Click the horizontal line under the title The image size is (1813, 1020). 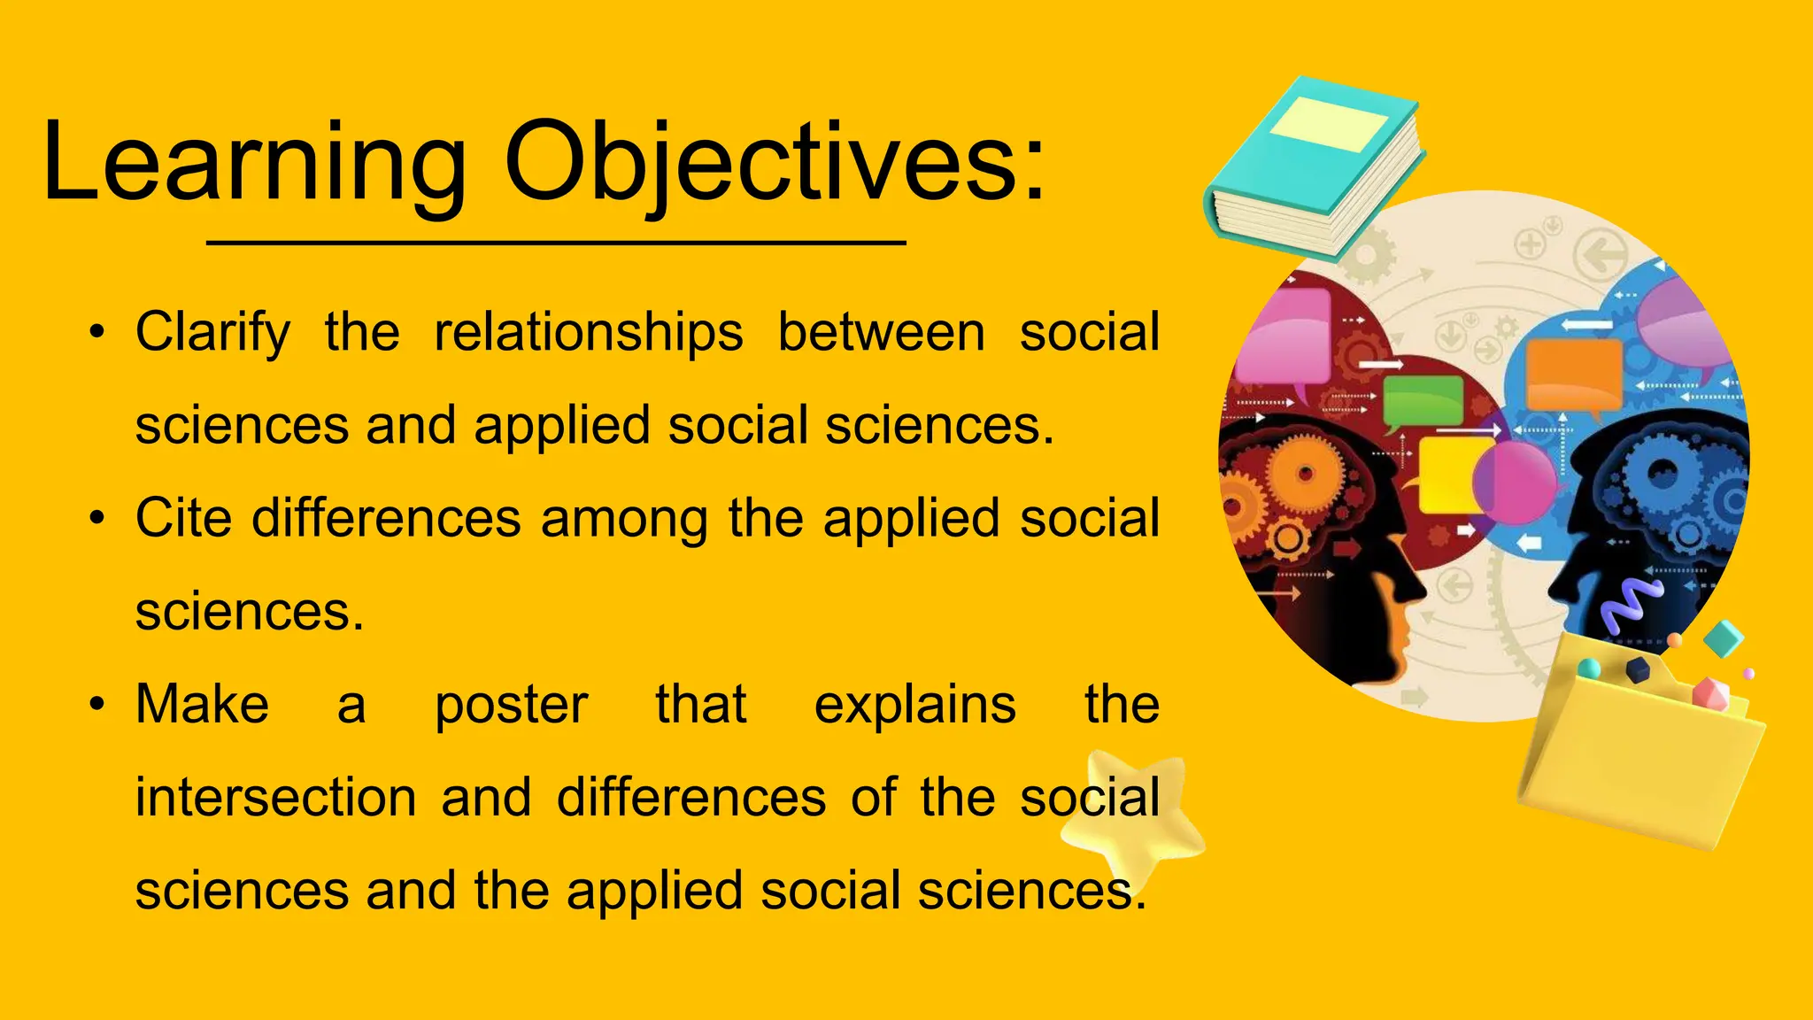[x=556, y=242]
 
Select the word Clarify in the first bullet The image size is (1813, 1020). [x=212, y=333]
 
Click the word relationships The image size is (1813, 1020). [x=589, y=333]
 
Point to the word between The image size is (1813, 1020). [x=881, y=333]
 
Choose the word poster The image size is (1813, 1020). [x=511, y=706]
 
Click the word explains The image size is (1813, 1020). [x=914, y=706]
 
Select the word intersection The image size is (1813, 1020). [x=275, y=797]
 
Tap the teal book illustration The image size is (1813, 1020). [x=1315, y=168]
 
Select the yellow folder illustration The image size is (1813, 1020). [x=1638, y=753]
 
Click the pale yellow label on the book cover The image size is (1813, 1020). [x=1328, y=124]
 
